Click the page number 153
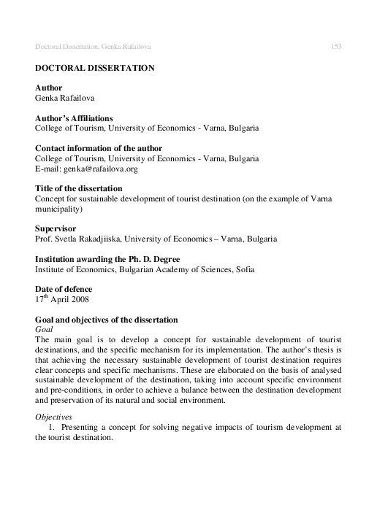[x=337, y=47]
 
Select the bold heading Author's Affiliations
[x=74, y=117]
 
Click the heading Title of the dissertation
[x=80, y=188]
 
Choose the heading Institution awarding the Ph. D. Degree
[x=103, y=259]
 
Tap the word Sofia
[x=241, y=269]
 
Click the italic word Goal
[x=45, y=330]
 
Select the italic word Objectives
[x=53, y=417]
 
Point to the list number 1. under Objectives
[x=50, y=427]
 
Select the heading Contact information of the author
[x=99, y=148]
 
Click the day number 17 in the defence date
[x=39, y=300]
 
